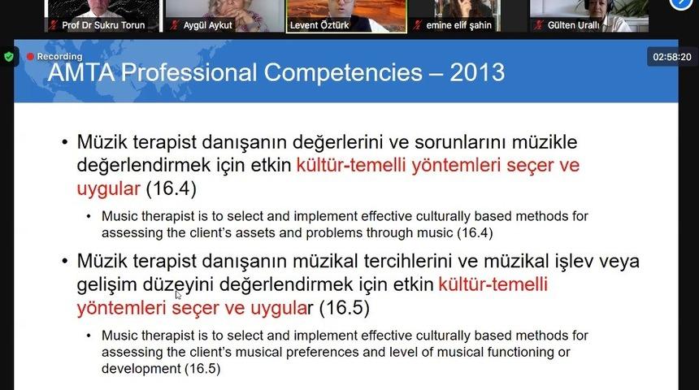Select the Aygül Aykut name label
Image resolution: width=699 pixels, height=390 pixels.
click(209, 25)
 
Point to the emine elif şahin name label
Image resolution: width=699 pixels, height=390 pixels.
click(459, 25)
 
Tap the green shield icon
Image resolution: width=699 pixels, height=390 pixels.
click(9, 57)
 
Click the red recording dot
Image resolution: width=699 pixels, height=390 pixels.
click(30, 57)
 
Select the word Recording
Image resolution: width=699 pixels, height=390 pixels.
click(59, 57)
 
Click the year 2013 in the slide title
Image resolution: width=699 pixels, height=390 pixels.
click(476, 73)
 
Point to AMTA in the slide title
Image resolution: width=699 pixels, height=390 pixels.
click(80, 73)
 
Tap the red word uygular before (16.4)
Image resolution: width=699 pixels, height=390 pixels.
click(109, 189)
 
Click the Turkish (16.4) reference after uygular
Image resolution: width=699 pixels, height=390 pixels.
click(171, 189)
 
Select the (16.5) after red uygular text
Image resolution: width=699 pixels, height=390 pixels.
click(344, 309)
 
